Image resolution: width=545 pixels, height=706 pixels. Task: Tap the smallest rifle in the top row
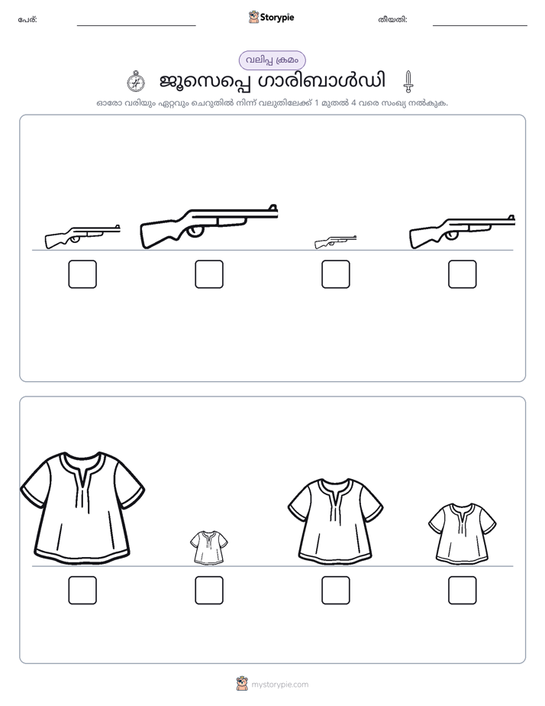tap(335, 241)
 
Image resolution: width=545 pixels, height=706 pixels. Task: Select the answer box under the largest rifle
tap(209, 274)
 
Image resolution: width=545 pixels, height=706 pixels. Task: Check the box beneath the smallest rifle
tap(335, 274)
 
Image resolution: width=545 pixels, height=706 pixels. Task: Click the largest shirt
tap(82, 508)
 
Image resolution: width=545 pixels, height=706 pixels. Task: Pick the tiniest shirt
tap(208, 547)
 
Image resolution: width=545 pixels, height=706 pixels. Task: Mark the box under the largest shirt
tap(82, 591)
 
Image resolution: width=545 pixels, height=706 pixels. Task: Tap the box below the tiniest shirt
tap(209, 591)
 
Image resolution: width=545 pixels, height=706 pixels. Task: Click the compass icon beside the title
tap(135, 81)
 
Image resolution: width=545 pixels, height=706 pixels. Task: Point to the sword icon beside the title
tap(408, 81)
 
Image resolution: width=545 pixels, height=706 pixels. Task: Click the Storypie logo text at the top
tap(277, 18)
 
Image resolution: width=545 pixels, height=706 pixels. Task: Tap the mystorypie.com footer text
tap(279, 685)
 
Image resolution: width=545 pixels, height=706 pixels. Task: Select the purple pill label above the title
tap(272, 60)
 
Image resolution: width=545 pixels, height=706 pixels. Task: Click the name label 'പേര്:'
tap(27, 20)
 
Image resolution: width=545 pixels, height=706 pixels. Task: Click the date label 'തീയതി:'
tap(392, 20)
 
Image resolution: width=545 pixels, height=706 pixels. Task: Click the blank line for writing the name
tap(136, 26)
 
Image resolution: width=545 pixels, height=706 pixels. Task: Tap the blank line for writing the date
tap(480, 26)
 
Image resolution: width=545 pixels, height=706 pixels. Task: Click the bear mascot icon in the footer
tap(242, 684)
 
